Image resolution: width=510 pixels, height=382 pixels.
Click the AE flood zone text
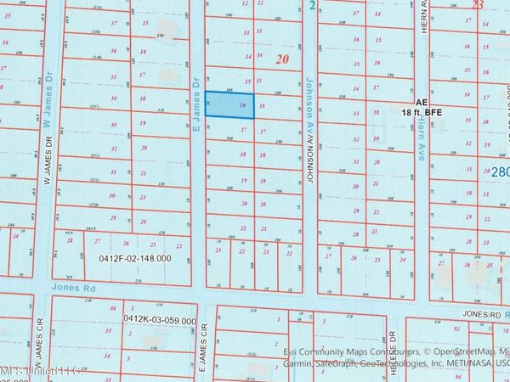point(412,99)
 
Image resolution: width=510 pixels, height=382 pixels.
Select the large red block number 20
point(282,59)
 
